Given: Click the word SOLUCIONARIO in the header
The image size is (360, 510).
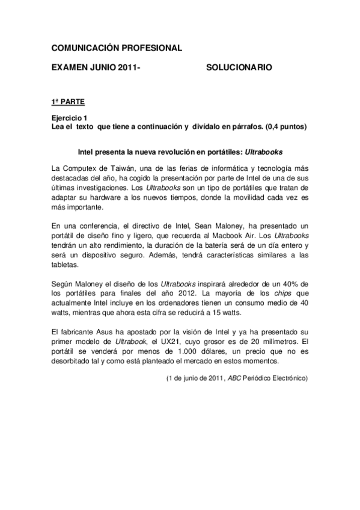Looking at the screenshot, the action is [x=239, y=68].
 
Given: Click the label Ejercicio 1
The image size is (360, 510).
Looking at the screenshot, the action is [x=69, y=118].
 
